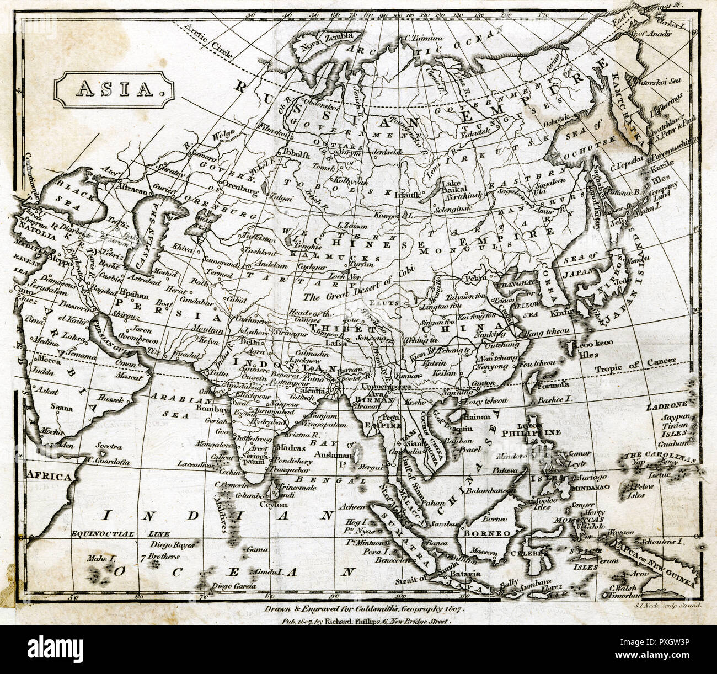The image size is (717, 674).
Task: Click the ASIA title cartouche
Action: coord(114,88)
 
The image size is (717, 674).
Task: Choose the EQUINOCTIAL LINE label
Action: coord(110,533)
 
